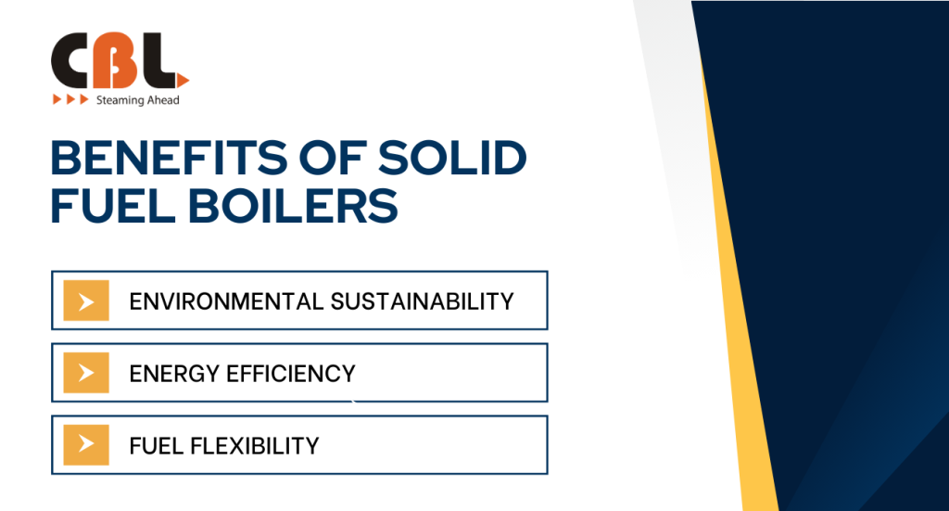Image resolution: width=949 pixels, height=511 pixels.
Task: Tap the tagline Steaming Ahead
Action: (137, 100)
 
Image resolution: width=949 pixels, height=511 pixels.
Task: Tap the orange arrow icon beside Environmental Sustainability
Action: (86, 300)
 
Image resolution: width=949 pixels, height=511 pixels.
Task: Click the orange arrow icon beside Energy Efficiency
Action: (86, 373)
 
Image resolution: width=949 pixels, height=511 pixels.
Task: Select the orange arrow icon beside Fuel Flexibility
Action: (86, 445)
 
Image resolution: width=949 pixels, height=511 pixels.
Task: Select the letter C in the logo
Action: (71, 60)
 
